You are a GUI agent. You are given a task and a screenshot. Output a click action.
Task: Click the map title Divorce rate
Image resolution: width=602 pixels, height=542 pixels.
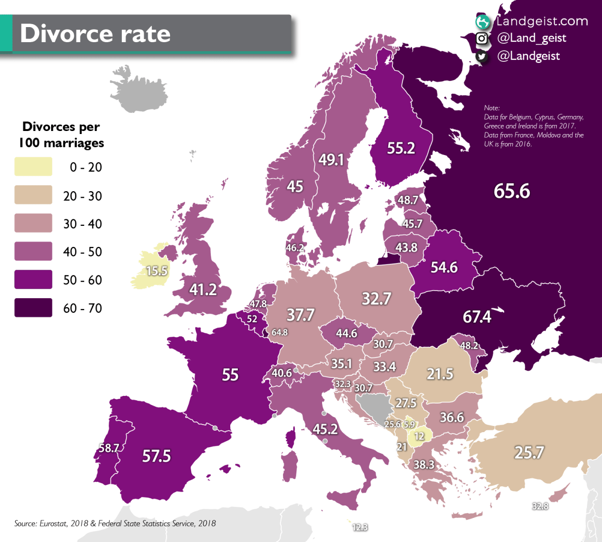(x=95, y=34)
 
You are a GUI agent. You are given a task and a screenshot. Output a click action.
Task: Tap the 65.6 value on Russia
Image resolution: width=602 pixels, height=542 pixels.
(x=511, y=191)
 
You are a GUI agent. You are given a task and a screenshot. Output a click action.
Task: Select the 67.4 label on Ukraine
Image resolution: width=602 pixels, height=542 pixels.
(x=477, y=317)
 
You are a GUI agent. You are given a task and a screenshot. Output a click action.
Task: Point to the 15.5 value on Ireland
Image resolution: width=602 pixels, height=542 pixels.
(x=157, y=271)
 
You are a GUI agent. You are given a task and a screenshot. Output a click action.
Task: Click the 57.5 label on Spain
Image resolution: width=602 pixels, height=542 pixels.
(x=157, y=456)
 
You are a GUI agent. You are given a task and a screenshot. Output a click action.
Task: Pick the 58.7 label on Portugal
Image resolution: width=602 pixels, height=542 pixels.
(x=108, y=448)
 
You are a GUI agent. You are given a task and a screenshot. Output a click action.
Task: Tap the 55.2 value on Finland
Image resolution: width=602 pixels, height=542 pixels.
(x=401, y=148)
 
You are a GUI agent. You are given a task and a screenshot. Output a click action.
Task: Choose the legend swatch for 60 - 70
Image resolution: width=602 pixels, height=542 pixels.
(x=33, y=308)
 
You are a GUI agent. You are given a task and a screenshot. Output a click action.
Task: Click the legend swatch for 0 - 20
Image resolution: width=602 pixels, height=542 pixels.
(x=33, y=167)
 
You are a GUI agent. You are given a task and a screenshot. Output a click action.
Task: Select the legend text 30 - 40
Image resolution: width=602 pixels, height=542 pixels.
(x=82, y=224)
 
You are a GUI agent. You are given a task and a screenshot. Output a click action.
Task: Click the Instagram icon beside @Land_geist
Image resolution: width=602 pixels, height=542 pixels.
(x=482, y=38)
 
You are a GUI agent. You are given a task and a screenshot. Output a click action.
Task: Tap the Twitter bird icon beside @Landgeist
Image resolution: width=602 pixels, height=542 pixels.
(x=482, y=56)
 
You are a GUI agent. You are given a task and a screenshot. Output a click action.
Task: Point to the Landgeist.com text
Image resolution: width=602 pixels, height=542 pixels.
(x=542, y=21)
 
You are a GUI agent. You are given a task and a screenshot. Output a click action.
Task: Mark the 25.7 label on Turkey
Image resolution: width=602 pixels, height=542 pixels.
(x=529, y=453)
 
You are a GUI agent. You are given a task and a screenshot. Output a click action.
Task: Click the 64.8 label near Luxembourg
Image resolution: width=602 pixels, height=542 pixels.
(x=279, y=332)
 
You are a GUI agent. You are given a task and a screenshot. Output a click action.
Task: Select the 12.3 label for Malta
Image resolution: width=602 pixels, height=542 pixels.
(x=360, y=527)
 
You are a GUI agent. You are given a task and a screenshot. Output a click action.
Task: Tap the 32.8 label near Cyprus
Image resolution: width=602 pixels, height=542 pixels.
(x=540, y=506)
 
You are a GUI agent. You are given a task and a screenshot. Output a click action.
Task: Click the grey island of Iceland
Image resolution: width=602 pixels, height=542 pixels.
(x=139, y=93)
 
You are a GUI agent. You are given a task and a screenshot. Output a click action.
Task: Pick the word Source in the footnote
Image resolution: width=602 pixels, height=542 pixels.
(x=25, y=523)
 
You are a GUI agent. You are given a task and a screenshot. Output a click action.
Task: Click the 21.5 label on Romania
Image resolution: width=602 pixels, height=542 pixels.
(x=439, y=374)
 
